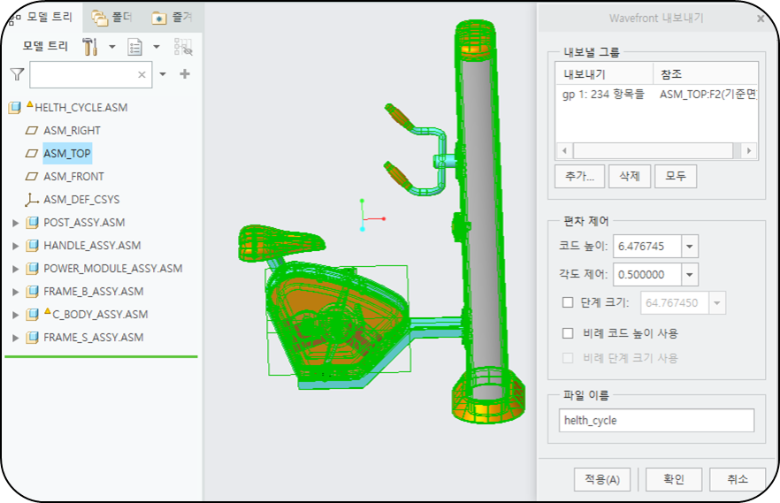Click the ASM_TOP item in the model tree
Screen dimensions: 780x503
coord(66,153)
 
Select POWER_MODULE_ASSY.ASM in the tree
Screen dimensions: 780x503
coord(113,269)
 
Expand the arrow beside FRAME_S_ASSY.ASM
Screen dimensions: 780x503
coord(15,338)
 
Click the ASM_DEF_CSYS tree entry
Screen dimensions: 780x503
coord(81,199)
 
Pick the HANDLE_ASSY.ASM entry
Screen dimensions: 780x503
coord(92,246)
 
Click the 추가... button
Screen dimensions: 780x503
coord(579,176)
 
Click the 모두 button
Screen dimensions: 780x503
coord(675,176)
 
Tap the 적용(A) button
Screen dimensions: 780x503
coord(602,479)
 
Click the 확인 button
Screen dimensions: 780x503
coord(674,479)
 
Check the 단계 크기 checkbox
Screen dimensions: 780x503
coord(568,302)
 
